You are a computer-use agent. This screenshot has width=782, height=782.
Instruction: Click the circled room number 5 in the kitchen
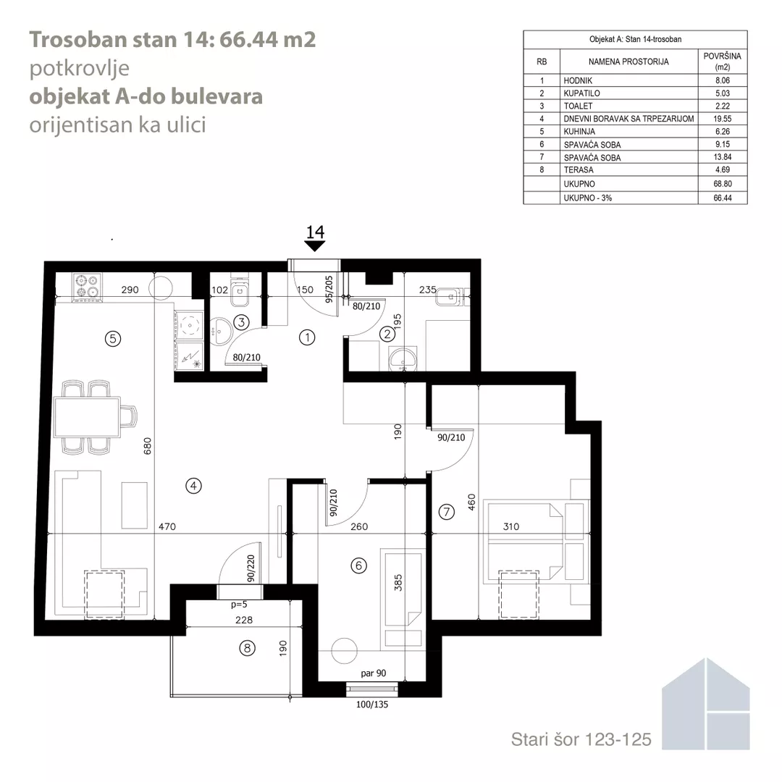[x=113, y=339]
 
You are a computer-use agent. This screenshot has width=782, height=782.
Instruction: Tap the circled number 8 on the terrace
[x=247, y=648]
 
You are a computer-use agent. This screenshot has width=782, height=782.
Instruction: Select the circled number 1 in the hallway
[x=307, y=337]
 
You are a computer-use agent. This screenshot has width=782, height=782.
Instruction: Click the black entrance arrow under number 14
[x=315, y=246]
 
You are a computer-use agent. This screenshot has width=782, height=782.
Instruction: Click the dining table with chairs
[x=95, y=417]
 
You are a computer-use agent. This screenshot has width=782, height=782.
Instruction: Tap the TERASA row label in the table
[x=579, y=170]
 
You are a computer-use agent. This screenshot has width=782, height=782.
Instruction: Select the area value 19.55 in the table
[x=722, y=119]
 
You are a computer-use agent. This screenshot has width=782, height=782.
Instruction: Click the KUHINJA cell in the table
[x=579, y=132]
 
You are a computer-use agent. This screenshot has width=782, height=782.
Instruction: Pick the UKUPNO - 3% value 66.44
[x=722, y=198]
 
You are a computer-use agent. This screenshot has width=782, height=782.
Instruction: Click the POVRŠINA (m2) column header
[x=722, y=62]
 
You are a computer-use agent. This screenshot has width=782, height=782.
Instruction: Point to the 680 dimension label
[x=147, y=446]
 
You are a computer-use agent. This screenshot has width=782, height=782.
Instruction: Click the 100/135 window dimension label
[x=372, y=705]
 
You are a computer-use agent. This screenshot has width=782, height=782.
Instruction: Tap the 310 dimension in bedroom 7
[x=511, y=526]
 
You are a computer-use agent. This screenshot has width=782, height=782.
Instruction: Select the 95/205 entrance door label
[x=329, y=289]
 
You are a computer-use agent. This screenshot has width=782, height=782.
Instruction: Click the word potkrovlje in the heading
[x=80, y=69]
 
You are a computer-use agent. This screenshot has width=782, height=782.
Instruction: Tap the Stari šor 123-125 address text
[x=581, y=739]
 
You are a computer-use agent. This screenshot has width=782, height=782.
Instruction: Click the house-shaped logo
[x=706, y=704]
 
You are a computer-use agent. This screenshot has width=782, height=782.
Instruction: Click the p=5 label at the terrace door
[x=239, y=605]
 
